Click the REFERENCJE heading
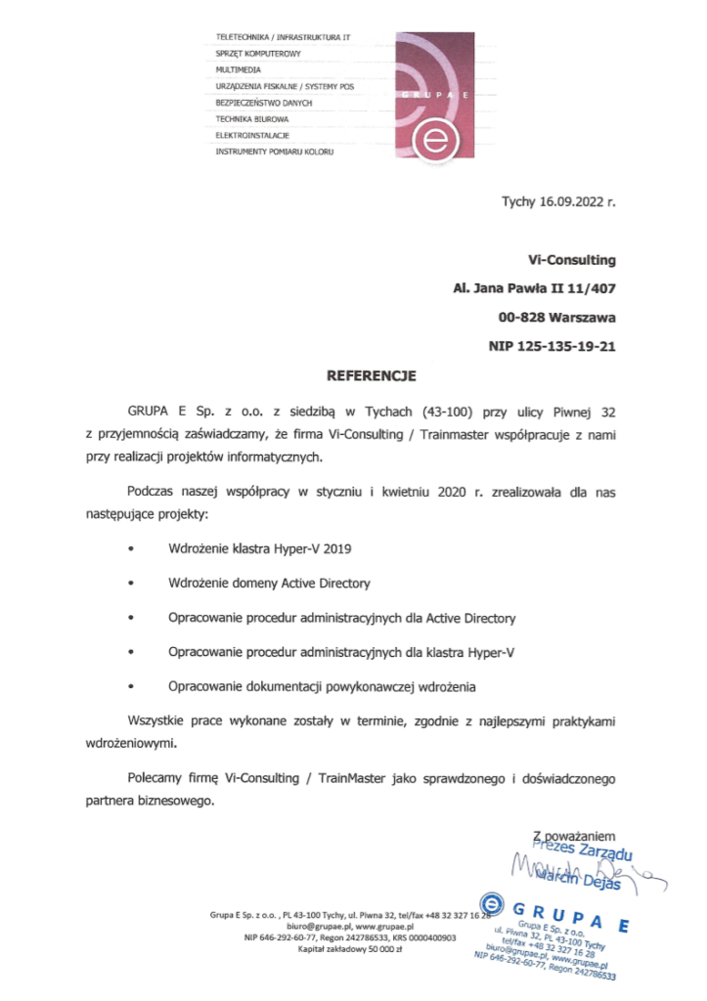(x=357, y=374)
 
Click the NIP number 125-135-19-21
(x=566, y=345)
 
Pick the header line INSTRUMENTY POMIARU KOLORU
(x=275, y=152)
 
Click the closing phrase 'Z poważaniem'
(x=573, y=837)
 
